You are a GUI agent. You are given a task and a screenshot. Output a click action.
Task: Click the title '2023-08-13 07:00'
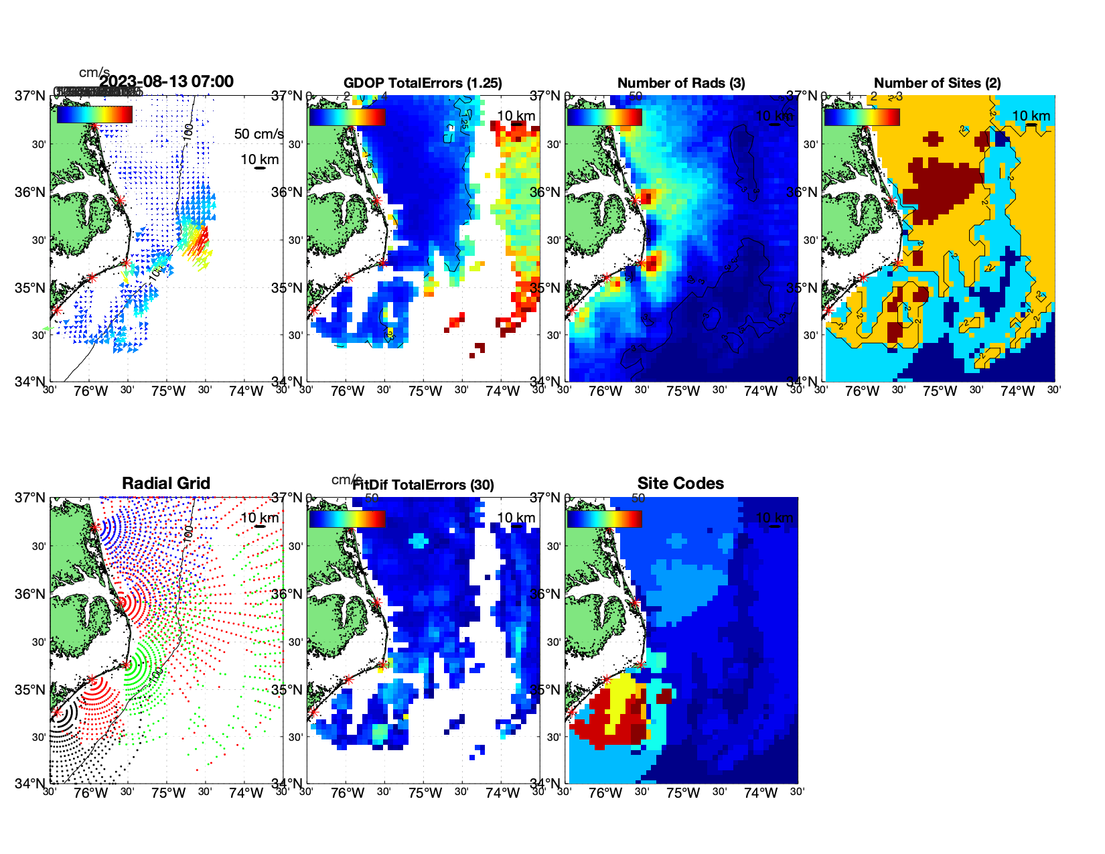pos(166,82)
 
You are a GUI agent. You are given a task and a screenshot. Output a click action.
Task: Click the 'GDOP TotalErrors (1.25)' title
pos(423,83)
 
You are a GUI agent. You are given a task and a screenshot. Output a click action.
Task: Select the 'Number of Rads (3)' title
pos(681,83)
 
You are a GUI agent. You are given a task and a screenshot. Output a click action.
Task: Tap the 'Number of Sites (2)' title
pos(937,83)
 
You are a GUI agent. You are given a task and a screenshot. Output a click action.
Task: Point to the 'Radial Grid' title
pos(166,484)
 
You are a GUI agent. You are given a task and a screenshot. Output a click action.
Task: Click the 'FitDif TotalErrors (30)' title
pos(423,485)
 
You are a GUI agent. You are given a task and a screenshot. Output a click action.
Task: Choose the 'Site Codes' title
pos(680,484)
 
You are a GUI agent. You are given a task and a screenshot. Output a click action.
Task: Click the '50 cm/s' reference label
pos(259,134)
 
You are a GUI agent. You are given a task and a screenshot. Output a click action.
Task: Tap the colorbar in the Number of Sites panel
pos(862,117)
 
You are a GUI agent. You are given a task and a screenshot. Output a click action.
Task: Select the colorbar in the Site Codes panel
pos(605,518)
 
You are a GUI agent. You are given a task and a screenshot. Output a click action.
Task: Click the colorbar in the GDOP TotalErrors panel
pos(347,117)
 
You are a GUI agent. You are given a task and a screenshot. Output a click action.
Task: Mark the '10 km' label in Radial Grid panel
pos(259,518)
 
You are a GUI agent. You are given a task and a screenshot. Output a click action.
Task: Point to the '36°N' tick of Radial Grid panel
pos(31,594)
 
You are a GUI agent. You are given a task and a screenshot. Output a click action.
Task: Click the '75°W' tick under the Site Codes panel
pos(682,793)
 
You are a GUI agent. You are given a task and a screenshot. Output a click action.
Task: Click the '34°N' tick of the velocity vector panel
pos(31,382)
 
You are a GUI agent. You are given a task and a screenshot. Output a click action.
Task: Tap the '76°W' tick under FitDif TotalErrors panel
pos(348,793)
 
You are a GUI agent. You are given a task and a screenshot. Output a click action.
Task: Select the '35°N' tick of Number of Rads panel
pos(545,288)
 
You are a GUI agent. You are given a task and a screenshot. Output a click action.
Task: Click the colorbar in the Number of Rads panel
pos(605,117)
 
